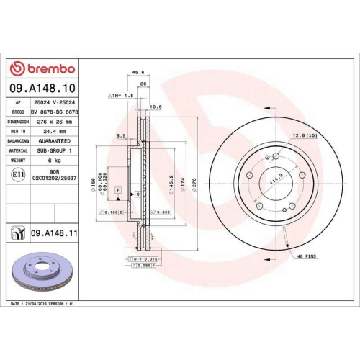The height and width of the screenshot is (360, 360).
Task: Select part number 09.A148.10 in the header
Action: tap(43, 89)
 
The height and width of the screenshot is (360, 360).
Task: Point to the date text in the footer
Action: tap(42, 305)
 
